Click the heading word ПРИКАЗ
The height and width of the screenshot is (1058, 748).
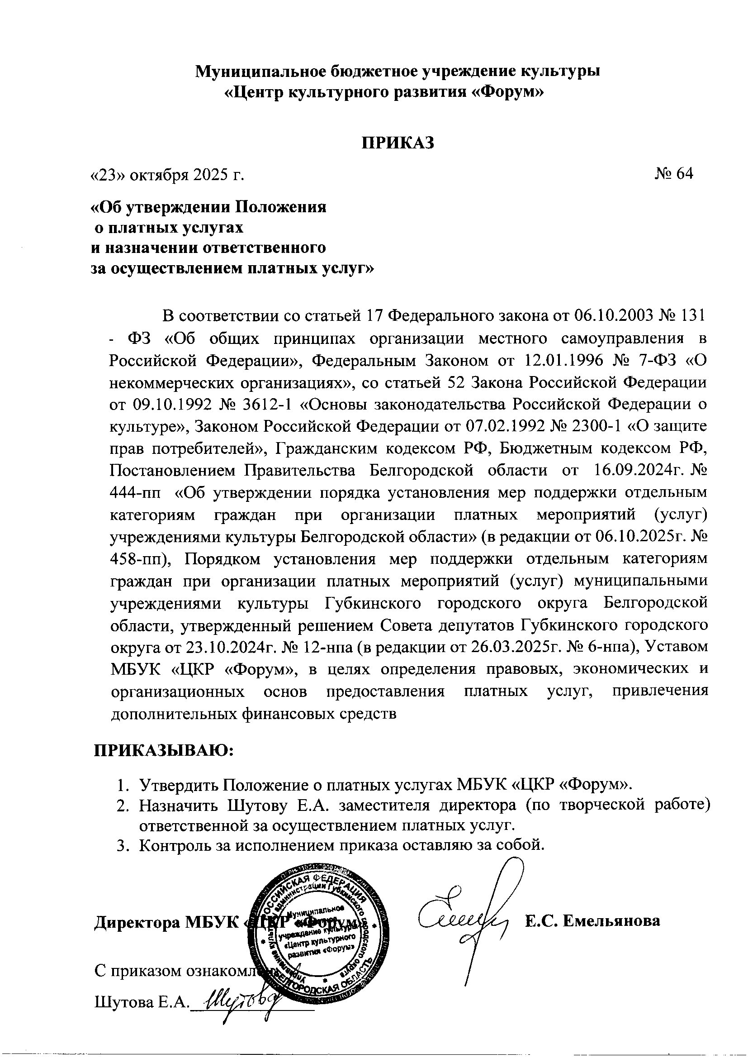click(x=398, y=143)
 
